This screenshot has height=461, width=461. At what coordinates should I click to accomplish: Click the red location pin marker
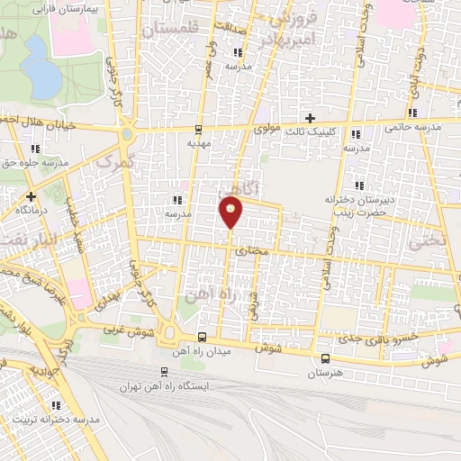coord(231,212)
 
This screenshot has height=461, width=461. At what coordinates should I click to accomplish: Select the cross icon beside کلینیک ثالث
coord(310,118)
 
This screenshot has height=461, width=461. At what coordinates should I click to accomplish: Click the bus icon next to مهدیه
coord(198,129)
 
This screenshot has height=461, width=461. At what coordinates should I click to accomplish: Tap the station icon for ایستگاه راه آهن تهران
coord(163,371)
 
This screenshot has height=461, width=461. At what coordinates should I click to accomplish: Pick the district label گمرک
coord(113,162)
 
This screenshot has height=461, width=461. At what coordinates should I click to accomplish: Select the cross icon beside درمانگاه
coord(32,195)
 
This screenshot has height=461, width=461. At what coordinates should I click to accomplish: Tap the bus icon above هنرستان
coord(324,357)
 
